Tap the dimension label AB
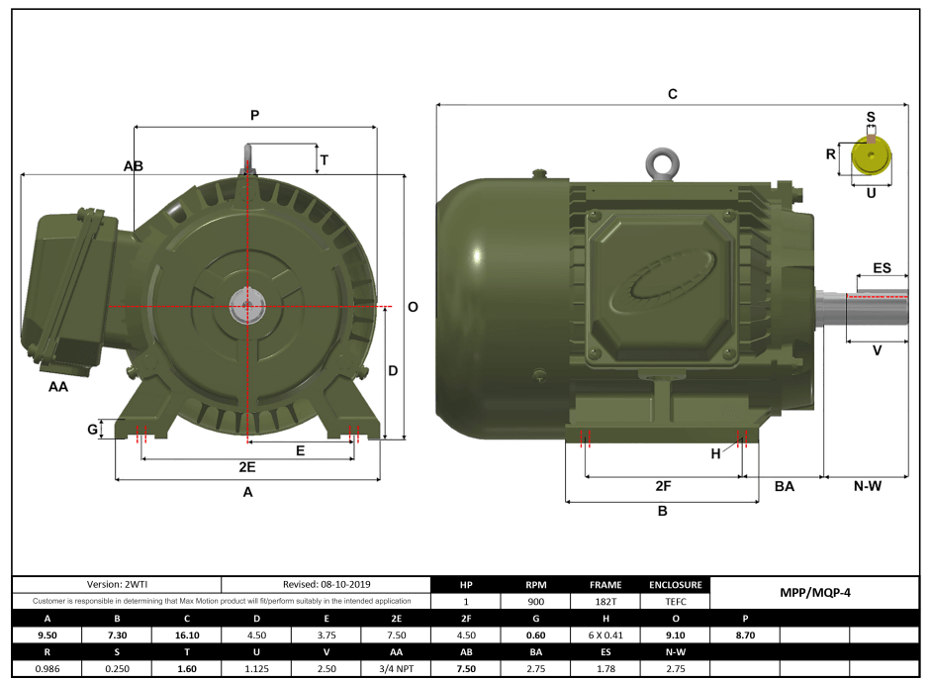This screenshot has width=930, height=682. (134, 166)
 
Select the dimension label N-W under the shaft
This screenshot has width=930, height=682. (867, 486)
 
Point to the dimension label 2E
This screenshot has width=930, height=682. (247, 466)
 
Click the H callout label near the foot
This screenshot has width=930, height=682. (716, 453)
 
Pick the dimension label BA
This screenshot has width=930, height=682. (784, 486)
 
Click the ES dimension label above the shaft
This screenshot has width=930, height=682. (882, 268)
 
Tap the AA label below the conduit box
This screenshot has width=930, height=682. (58, 387)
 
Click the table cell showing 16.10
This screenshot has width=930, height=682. (187, 634)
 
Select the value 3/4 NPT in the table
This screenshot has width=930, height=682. (397, 669)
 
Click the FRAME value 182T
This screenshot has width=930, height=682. (605, 600)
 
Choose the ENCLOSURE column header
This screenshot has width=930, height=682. (676, 584)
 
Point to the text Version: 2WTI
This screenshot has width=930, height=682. (116, 584)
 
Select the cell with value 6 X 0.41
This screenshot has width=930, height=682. (605, 634)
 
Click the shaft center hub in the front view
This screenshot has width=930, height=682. (245, 307)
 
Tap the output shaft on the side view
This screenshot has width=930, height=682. (876, 307)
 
